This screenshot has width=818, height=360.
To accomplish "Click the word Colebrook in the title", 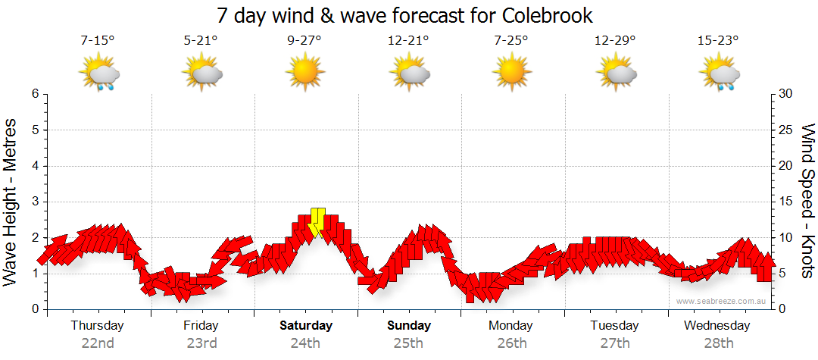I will point(547,15).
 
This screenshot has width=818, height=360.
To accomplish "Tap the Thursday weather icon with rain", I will point(98,74).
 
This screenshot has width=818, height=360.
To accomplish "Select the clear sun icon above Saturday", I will point(304,74).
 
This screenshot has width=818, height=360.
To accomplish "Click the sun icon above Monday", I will point(510,74).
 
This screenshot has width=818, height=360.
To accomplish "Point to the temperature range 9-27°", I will point(304,41).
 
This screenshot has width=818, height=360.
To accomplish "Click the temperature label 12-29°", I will point(614,41).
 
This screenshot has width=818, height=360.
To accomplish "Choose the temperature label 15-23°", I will point(717,41).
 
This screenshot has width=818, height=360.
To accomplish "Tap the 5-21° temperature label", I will point(201,41).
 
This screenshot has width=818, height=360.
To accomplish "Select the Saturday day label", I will point(305,326).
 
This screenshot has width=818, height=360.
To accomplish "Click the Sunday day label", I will point(408,326).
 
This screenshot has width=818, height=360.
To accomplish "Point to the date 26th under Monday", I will point(511,343).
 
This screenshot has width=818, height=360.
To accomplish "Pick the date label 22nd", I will point(98,343).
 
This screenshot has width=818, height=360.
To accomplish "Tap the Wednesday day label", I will point(717,326).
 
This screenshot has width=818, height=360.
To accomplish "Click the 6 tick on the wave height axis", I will point(34,94).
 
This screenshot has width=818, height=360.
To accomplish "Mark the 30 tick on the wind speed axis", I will point(785,94).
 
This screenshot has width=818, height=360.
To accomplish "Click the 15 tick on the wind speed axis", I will point(785,202).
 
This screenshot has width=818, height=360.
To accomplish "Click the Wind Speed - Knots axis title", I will point(807,202).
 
